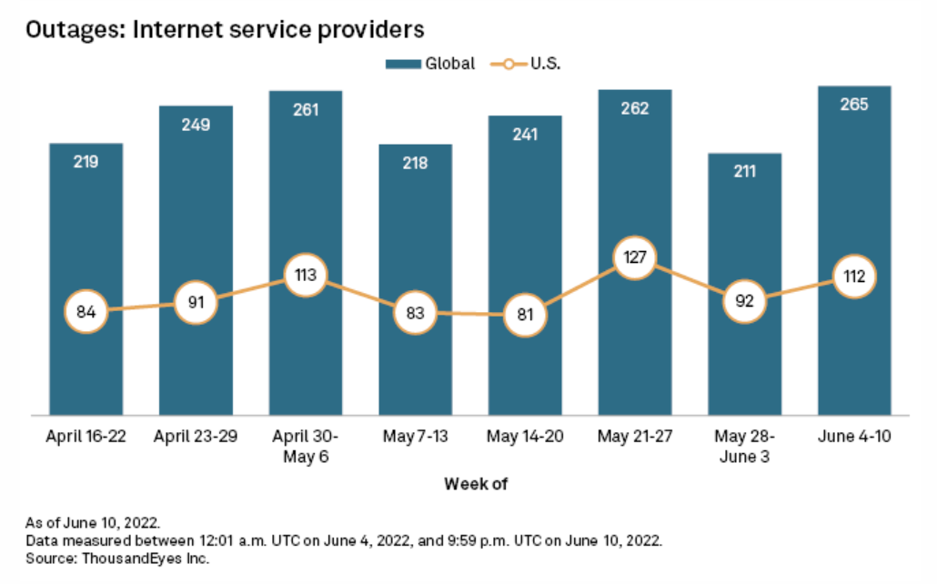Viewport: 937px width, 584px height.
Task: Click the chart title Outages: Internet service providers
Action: click(x=226, y=29)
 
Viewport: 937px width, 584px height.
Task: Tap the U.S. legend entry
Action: click(x=533, y=64)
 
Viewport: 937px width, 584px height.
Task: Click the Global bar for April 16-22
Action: click(x=86, y=227)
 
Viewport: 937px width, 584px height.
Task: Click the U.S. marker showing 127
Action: click(x=635, y=257)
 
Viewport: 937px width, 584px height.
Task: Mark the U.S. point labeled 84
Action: click(x=86, y=312)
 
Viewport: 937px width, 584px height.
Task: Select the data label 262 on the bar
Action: click(x=635, y=107)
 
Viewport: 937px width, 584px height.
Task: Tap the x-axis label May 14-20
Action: click(x=525, y=437)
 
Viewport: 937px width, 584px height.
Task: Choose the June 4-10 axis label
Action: click(x=854, y=437)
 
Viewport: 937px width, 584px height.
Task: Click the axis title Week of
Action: click(x=475, y=484)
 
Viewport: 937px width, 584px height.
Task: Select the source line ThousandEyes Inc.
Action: click(x=118, y=558)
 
